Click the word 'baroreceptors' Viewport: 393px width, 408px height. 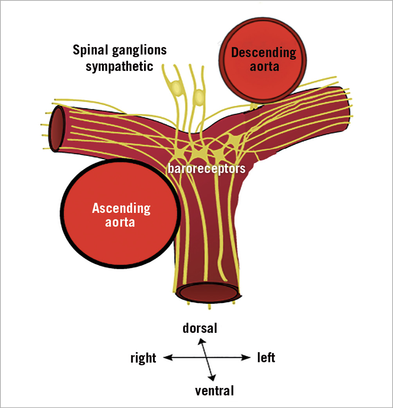[206, 169]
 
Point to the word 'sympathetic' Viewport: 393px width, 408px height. [119, 66]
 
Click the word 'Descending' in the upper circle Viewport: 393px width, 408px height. [263, 52]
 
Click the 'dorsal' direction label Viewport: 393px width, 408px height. [200, 328]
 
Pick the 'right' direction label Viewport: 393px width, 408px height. [143, 358]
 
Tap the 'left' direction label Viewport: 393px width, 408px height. [266, 357]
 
